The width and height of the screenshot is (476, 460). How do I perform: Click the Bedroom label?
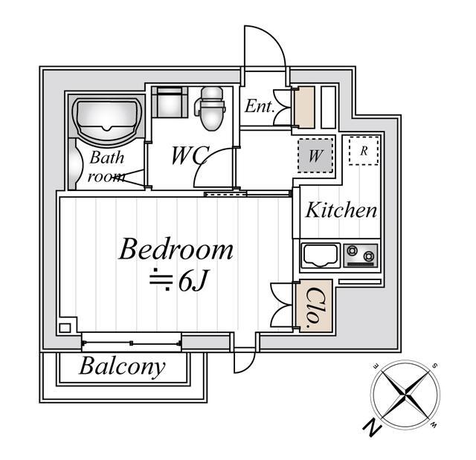(x=176, y=250)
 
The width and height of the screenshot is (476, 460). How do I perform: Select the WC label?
(x=190, y=155)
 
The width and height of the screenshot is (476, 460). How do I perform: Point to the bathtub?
(x=107, y=120)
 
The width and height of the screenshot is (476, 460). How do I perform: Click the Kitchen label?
(x=341, y=210)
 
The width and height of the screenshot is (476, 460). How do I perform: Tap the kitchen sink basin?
(x=320, y=255)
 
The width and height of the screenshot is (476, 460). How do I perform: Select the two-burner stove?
(x=360, y=256)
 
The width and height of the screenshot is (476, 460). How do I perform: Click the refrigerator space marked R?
(x=364, y=151)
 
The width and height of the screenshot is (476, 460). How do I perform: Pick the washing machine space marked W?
(x=315, y=156)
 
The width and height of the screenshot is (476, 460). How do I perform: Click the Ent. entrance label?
(x=260, y=106)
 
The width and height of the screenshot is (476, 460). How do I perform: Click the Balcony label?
(x=122, y=366)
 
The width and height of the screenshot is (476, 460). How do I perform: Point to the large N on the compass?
(x=372, y=427)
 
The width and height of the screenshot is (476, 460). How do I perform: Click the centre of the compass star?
(x=405, y=395)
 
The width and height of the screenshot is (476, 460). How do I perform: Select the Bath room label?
(x=107, y=167)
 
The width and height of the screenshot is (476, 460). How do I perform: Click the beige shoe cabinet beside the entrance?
(x=304, y=107)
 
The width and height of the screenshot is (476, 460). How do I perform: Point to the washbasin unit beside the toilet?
(x=170, y=102)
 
